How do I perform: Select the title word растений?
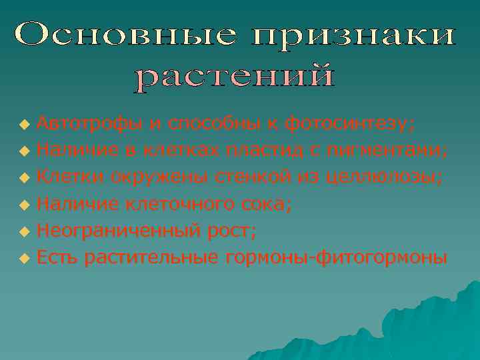(235, 77)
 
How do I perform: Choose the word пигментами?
(387, 151)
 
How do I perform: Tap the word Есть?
(57, 257)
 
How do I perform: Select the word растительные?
(153, 257)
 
